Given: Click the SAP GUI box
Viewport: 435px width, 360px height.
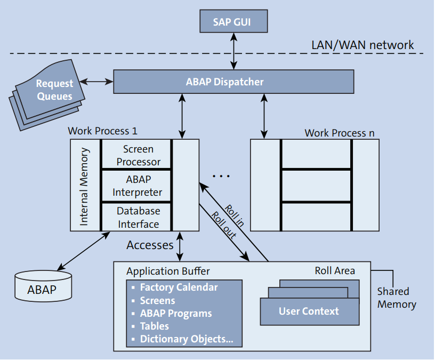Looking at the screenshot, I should pos(232,22).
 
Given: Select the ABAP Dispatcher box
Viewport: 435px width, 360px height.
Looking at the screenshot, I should pos(233,82).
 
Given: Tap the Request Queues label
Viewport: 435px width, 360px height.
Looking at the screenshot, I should pos(54,90).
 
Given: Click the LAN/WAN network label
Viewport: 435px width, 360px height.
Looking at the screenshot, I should pos(362,45).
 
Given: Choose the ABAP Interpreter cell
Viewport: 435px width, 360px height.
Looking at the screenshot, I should pos(137,186).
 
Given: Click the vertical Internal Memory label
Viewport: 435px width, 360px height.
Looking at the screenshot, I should pos(84,186).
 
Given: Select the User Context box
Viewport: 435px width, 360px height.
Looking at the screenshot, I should pos(309,311).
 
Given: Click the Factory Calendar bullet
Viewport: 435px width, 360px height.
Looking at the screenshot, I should pos(179,287).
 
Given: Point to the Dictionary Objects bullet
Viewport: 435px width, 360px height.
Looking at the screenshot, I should pos(186,339).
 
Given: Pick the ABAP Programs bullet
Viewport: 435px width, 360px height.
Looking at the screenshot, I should pos(175,314).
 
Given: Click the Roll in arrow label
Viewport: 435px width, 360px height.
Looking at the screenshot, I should pos(235,215).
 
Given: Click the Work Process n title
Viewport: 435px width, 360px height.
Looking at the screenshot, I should pos(336,133).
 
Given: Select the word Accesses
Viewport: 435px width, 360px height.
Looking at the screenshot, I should pos(150,245).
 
